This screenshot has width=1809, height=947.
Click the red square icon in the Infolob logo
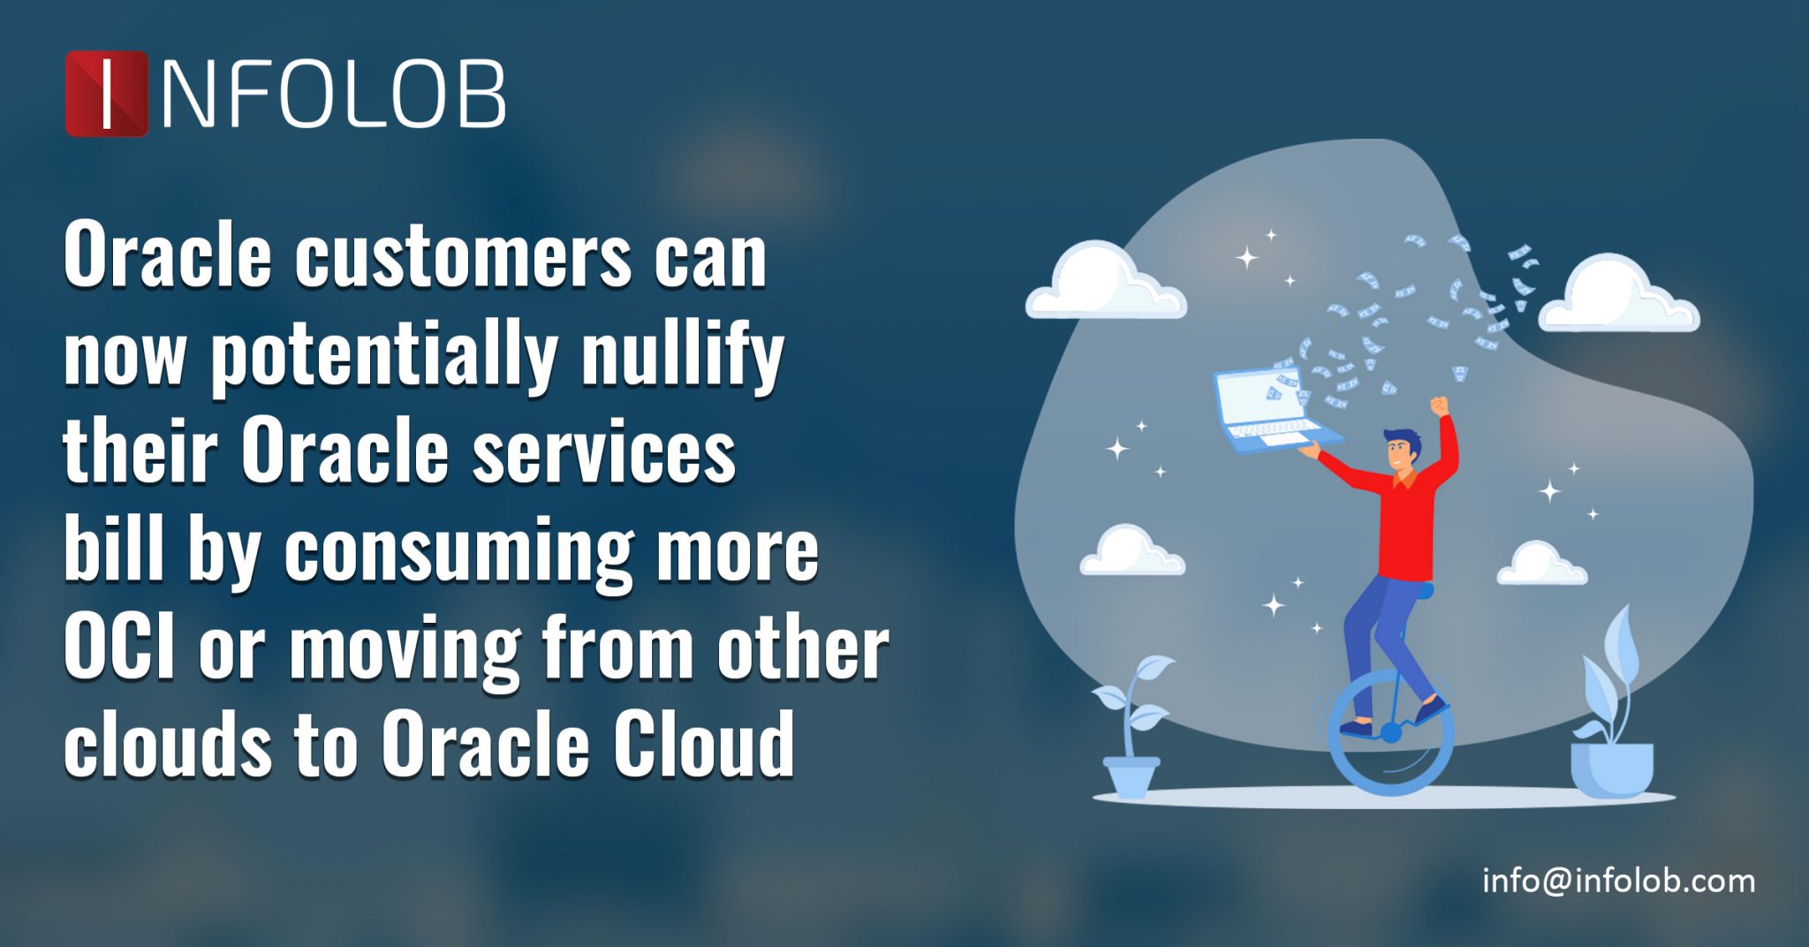(106, 94)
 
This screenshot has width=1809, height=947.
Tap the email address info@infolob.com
(1618, 881)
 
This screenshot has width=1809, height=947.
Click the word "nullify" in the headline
(682, 354)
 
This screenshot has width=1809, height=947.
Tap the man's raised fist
(1440, 406)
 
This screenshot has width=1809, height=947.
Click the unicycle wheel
(1390, 733)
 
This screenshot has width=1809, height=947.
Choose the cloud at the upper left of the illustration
(1105, 283)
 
